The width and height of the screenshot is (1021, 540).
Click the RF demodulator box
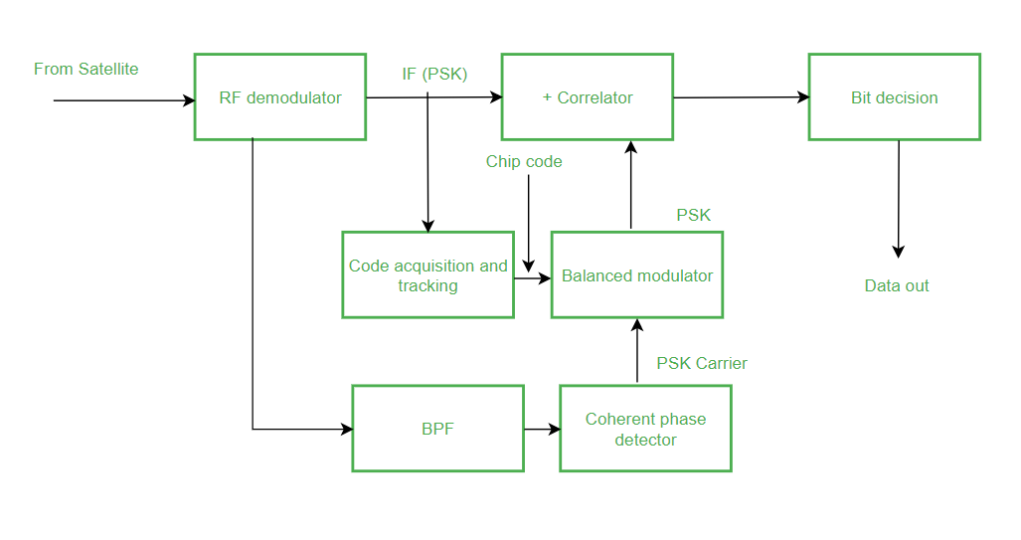279,97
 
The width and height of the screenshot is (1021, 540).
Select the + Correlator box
587,97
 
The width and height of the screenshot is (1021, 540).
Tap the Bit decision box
894,97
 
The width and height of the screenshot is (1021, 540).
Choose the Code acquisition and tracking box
427,275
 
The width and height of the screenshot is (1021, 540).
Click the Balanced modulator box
636,275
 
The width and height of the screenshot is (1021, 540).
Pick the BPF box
437,429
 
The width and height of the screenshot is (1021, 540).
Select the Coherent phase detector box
645,429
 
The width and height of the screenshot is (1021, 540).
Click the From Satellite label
86,69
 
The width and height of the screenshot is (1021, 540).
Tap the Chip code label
524,161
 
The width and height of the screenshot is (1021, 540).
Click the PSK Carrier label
702,363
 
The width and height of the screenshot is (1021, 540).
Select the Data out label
897,285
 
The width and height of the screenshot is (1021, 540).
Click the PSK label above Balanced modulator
694,215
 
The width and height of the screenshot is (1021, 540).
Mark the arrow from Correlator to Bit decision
741,97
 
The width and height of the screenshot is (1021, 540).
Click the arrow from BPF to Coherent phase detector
542,430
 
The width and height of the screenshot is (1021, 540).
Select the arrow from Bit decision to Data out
899,199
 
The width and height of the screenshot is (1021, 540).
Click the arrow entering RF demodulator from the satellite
124,100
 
